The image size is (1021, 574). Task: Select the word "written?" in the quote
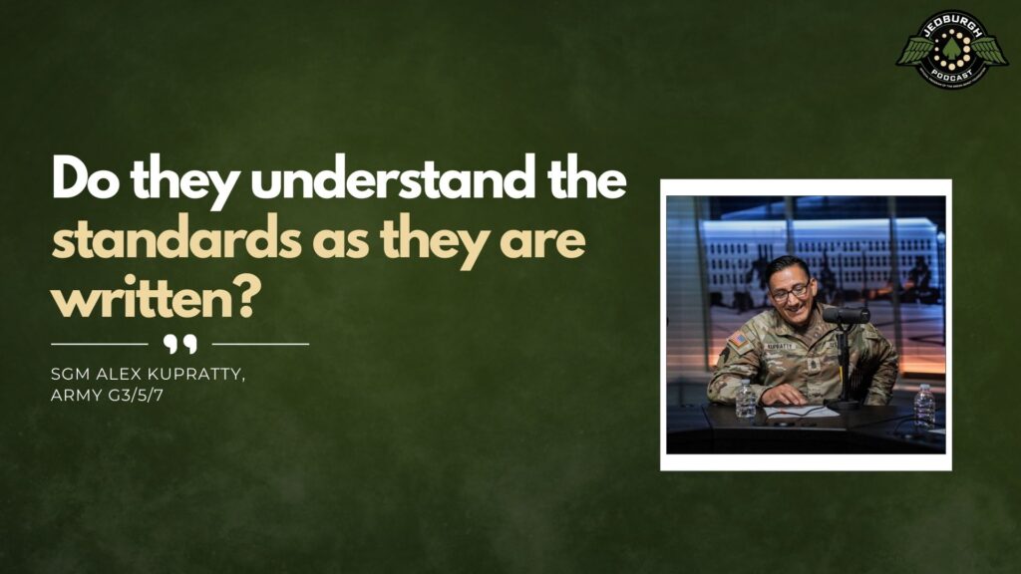pyautogui.click(x=150, y=300)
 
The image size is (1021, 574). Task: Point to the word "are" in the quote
pyautogui.click(x=547, y=242)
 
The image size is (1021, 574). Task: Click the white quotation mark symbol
pyautogui.click(x=179, y=344)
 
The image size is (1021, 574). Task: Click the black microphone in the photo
pyautogui.click(x=846, y=315)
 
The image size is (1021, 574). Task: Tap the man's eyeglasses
pyautogui.click(x=790, y=291)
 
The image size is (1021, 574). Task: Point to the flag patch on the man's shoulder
pyautogui.click(x=739, y=341)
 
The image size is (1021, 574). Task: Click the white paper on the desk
pyautogui.click(x=800, y=411)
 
